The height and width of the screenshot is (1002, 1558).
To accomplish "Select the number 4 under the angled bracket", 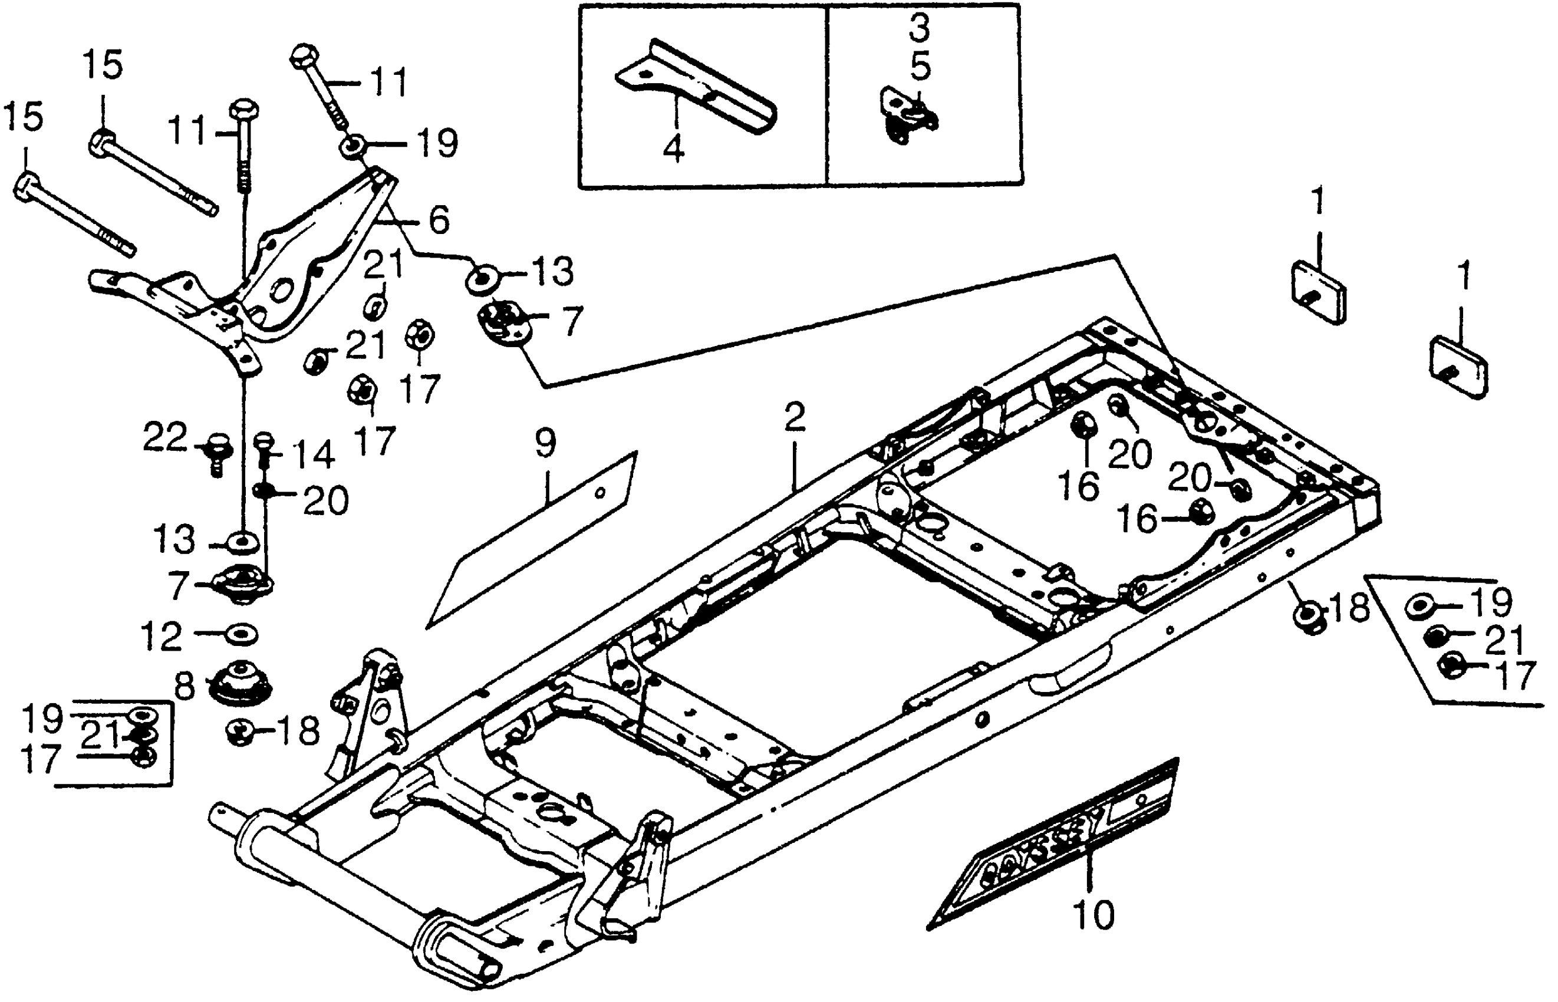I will click(x=674, y=149).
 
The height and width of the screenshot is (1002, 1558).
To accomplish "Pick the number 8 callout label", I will click(x=186, y=687).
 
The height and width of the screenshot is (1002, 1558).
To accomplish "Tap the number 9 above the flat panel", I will click(x=545, y=443).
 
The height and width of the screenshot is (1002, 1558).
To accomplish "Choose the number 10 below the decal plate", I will click(x=1093, y=914).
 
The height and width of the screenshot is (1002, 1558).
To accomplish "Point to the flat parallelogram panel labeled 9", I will click(x=533, y=540).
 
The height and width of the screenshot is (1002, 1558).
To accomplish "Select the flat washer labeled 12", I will click(x=241, y=634).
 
